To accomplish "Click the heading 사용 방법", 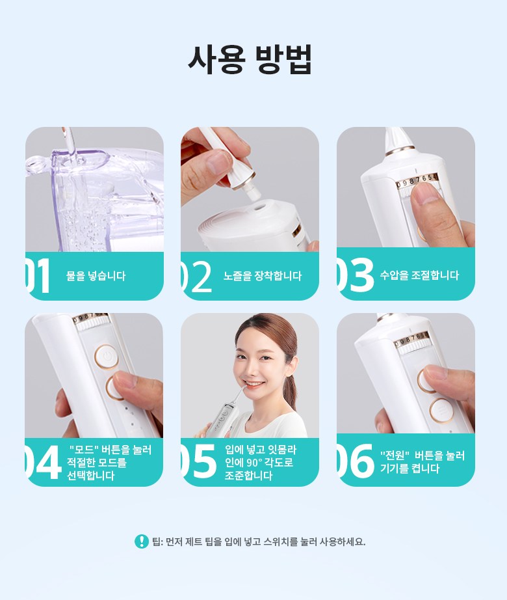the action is (250, 59).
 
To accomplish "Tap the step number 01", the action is (38, 275).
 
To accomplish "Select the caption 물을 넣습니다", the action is (96, 276).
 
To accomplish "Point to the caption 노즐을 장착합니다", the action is (263, 276).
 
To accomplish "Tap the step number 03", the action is (355, 275).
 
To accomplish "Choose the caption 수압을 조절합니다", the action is (419, 275).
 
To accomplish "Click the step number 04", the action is (43, 462).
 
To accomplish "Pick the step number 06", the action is (355, 461).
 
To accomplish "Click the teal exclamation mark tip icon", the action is (141, 541).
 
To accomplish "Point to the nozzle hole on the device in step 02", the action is (258, 207).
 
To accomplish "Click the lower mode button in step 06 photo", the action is (441, 411).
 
